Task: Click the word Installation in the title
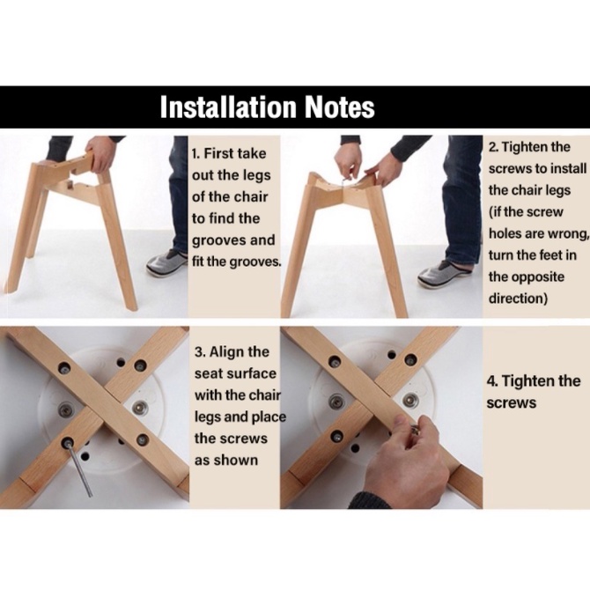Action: (x=228, y=107)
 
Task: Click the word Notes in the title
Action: (x=339, y=107)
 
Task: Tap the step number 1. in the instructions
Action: (x=195, y=153)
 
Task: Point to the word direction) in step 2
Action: (x=518, y=299)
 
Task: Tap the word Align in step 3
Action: (x=225, y=352)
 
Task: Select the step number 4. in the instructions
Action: (x=492, y=381)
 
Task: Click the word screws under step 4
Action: (x=511, y=403)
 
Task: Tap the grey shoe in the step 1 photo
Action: (x=166, y=263)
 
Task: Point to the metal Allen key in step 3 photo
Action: (x=79, y=470)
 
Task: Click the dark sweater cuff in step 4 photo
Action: (x=370, y=499)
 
